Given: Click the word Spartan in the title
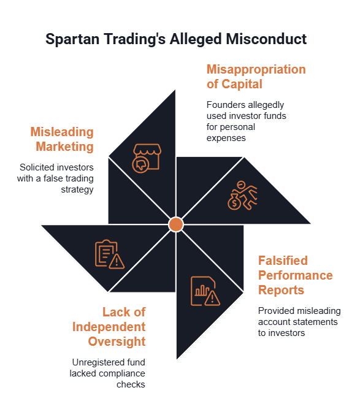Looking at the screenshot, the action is pos(72,39).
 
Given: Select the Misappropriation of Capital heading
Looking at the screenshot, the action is pos(256,77).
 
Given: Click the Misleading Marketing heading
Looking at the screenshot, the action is pos(62,139).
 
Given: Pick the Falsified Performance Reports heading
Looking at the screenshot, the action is pos(296,275).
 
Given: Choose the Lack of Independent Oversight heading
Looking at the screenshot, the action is pos(109,327).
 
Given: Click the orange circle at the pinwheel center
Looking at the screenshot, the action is pos(176,224).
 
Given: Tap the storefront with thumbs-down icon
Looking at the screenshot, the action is pos(147,158).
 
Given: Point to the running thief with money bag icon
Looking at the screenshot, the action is pos(242,195).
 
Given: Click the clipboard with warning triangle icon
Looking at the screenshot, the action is pos(110,254).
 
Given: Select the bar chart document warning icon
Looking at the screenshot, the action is pos(205,291).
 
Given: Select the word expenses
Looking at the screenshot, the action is pos(226,138).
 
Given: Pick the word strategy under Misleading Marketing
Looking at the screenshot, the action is pos(77,190).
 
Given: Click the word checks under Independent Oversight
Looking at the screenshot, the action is pos(131,384).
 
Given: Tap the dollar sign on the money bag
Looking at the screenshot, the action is pos(235,204).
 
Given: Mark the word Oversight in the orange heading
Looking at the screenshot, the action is pos(117,342).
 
